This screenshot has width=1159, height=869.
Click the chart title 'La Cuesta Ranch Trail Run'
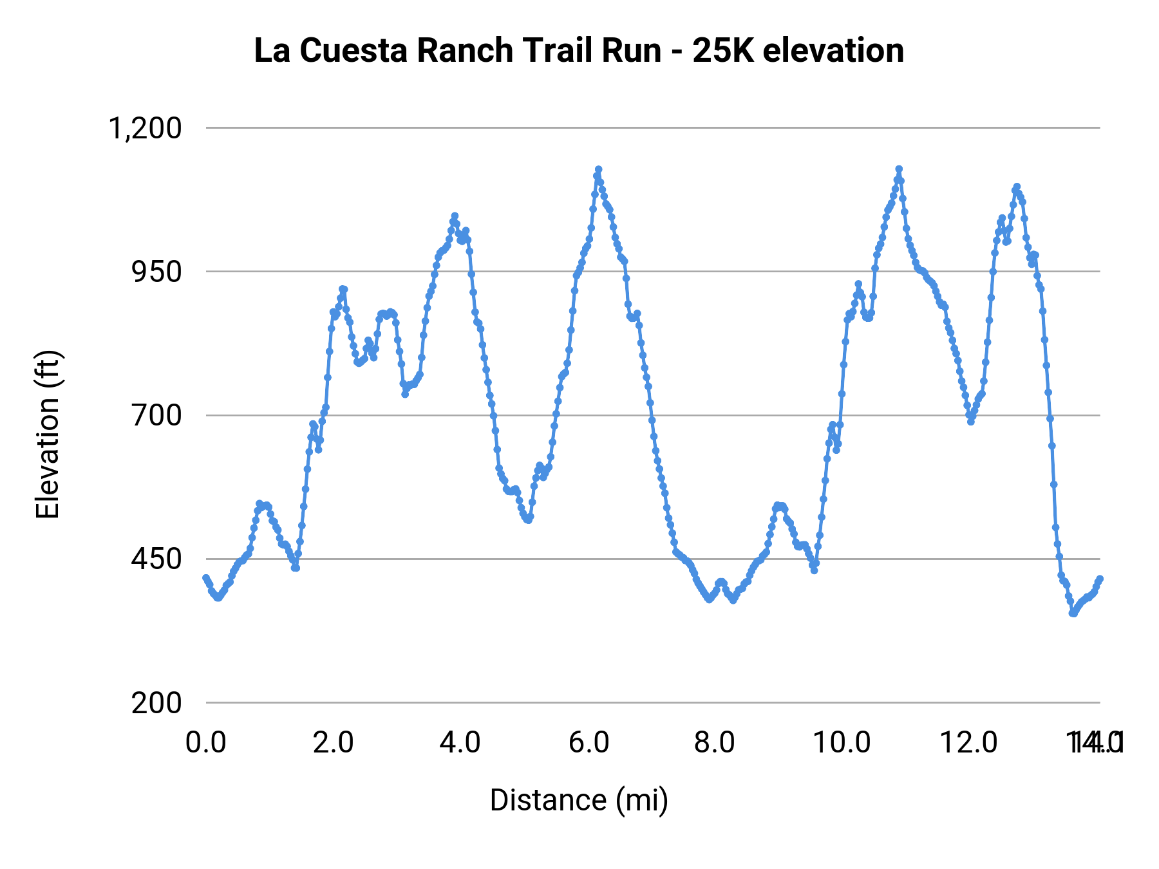[457, 51]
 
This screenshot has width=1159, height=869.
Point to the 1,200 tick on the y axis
[146, 128]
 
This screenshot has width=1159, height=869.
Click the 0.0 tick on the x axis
[206, 742]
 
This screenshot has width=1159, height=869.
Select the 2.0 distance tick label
[333, 742]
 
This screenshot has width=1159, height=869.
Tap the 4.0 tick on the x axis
[460, 742]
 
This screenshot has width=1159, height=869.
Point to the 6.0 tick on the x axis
[589, 742]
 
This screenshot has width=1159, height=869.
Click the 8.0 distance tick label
[715, 742]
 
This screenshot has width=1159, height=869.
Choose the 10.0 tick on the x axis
[842, 742]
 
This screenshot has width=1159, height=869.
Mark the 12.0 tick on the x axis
[968, 742]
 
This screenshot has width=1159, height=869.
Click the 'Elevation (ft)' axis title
[48, 434]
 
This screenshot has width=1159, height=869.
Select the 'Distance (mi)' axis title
[579, 800]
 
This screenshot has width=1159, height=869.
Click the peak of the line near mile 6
[598, 169]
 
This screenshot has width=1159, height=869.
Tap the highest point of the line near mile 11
[899, 169]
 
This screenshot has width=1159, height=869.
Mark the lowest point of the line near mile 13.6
[1072, 613]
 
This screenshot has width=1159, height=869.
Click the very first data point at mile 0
[206, 577]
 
